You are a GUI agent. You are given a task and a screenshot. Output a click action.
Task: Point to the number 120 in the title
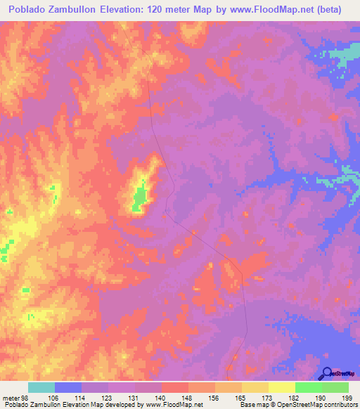click(x=170, y=10)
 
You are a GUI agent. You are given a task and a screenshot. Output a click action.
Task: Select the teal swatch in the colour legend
click(x=41, y=388)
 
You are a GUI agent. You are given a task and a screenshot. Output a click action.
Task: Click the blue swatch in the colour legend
click(x=68, y=388)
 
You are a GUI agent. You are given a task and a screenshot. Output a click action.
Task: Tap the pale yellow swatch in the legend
click(x=282, y=388)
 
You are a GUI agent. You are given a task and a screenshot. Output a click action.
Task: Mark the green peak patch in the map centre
click(x=139, y=197)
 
